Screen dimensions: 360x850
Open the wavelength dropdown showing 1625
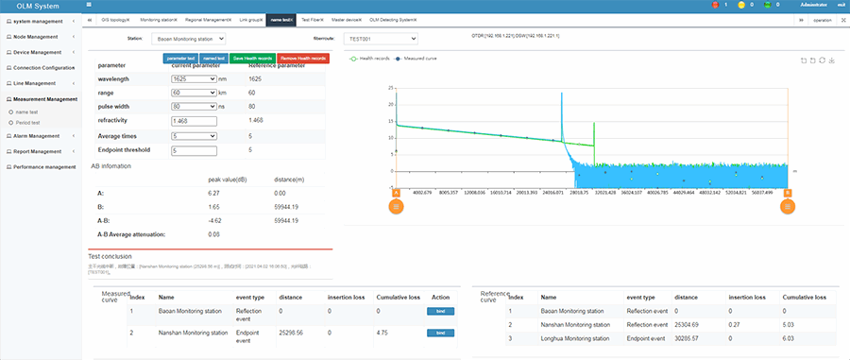point(194,79)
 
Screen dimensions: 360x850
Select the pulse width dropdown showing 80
point(194,107)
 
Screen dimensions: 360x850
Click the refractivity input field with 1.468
point(194,121)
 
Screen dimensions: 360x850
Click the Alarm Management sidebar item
point(39,135)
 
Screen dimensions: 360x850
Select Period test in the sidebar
point(27,123)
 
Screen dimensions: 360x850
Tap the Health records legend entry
point(369,58)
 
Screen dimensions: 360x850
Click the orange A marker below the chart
point(395,207)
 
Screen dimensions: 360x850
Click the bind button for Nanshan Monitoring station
point(440,333)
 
